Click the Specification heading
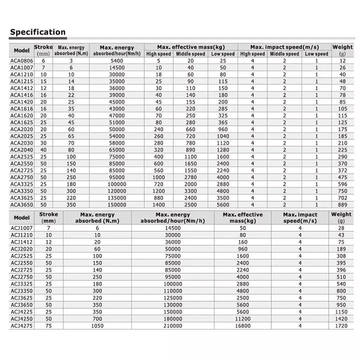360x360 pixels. pos(38,32)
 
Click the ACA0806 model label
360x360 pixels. pos(21,60)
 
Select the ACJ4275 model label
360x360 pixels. pos(21,326)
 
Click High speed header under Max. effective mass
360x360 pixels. pos(158,54)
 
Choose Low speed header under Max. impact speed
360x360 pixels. pos(316,54)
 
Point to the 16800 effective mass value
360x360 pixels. pos(242,326)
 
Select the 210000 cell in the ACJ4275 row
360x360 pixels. pos(172,326)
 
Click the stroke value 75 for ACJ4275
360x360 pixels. pos(48,326)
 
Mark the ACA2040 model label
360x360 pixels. pos(21,149)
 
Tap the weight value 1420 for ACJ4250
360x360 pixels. pos(341,317)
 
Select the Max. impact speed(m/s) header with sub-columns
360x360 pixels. pos(284,47)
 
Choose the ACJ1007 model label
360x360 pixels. pos(21,228)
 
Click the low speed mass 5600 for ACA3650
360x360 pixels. pos(223,204)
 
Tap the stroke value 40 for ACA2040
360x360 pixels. pos(43,149)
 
